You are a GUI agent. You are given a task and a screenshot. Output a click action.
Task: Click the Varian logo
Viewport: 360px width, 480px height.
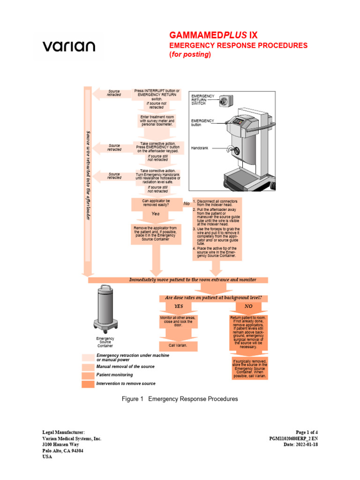coord(68,46)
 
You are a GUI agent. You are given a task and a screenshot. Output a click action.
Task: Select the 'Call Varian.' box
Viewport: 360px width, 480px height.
coord(178,345)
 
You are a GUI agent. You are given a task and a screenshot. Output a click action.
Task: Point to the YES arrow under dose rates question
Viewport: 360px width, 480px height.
coord(179,306)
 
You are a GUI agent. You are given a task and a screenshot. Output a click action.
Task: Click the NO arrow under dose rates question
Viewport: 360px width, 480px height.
coord(248,306)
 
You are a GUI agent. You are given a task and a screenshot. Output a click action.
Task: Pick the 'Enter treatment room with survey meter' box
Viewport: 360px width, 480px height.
coord(157,120)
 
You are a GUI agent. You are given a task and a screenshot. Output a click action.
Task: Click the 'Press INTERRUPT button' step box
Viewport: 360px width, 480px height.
coord(157,95)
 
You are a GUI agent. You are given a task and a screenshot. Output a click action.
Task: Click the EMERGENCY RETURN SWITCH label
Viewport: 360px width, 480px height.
coord(203,99)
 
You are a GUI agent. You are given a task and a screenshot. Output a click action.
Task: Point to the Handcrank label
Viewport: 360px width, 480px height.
coord(200,148)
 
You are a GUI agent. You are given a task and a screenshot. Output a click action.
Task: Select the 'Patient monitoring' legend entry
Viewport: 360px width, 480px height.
coord(114,375)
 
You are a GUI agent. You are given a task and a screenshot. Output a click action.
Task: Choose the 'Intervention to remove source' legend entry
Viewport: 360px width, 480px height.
coord(126,383)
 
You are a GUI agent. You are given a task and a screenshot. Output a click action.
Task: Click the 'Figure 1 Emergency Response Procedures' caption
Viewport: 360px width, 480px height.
coord(180,399)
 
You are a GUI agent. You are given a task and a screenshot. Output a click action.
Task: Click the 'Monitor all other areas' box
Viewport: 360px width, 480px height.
coord(178,322)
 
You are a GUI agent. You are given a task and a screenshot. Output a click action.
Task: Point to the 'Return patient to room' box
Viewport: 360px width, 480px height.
coord(248,332)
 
